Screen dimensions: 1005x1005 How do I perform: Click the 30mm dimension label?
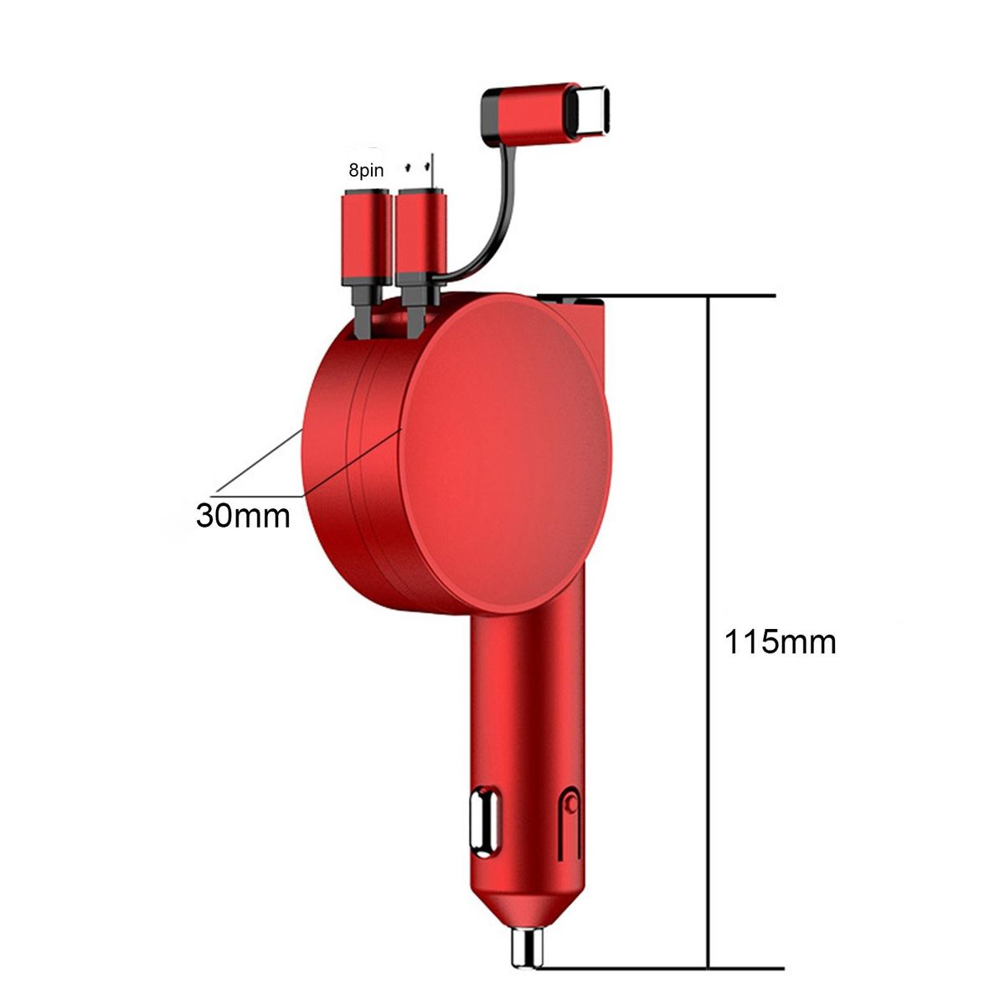click(x=243, y=515)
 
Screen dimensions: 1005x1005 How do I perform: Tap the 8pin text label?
click(x=366, y=170)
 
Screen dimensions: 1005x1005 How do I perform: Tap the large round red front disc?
click(x=505, y=453)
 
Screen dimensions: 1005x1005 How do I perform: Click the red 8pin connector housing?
click(x=367, y=237)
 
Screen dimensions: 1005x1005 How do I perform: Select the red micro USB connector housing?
click(x=421, y=237)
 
